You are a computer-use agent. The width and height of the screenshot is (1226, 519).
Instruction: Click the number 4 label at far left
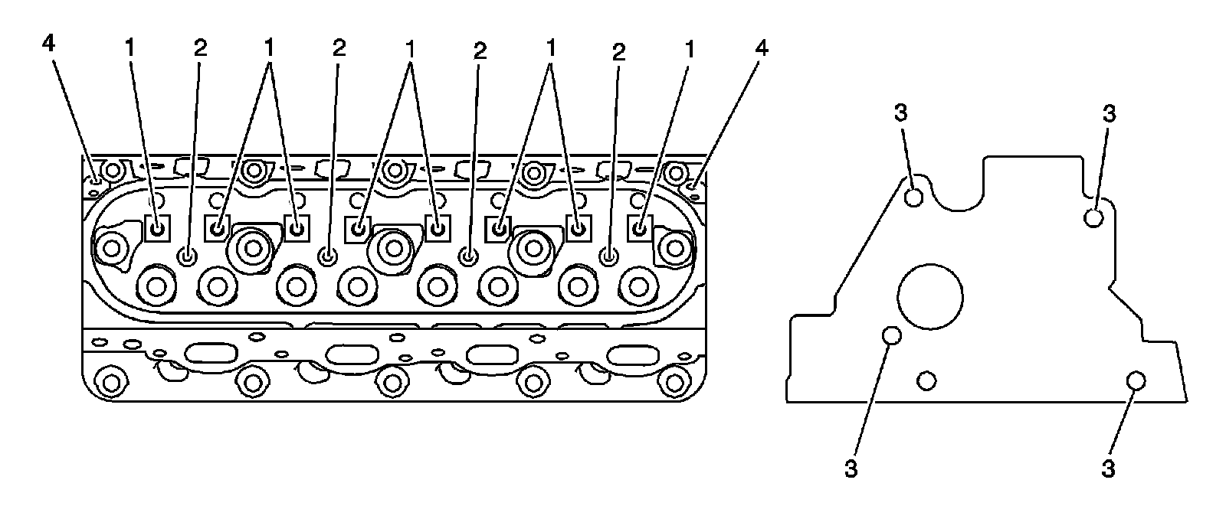pos(48,44)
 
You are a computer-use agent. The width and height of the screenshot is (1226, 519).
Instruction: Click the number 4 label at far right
pos(761,48)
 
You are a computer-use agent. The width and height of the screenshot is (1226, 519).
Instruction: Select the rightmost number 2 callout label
pos(618,51)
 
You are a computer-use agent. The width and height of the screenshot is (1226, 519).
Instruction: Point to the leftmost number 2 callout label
pos(200,48)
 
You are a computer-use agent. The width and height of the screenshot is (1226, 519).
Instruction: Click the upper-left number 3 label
pos(901,113)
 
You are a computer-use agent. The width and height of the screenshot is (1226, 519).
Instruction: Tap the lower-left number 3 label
pos(851,468)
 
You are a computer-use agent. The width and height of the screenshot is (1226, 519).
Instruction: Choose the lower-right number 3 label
pos(1109,468)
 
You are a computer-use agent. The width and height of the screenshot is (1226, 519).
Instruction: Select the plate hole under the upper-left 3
pos(913,198)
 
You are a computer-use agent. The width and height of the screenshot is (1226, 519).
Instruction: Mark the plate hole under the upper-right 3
pos(1093,217)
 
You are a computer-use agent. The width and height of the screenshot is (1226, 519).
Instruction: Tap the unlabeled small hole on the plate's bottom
pos(926,380)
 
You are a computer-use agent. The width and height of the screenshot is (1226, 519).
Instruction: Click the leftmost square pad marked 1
pos(156,228)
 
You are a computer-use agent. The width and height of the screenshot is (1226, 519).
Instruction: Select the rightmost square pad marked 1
pos(639,227)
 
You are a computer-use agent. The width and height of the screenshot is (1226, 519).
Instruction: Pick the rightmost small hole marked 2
pos(609,256)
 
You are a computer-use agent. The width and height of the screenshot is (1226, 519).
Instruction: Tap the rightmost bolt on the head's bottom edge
pos(674,380)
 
